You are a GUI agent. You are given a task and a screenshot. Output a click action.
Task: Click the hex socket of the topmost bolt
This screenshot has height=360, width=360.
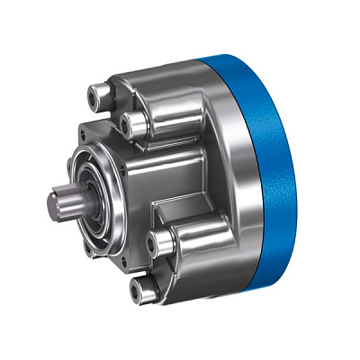click(93, 92)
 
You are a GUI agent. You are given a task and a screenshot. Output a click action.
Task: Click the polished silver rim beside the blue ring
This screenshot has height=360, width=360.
click(236, 180)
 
